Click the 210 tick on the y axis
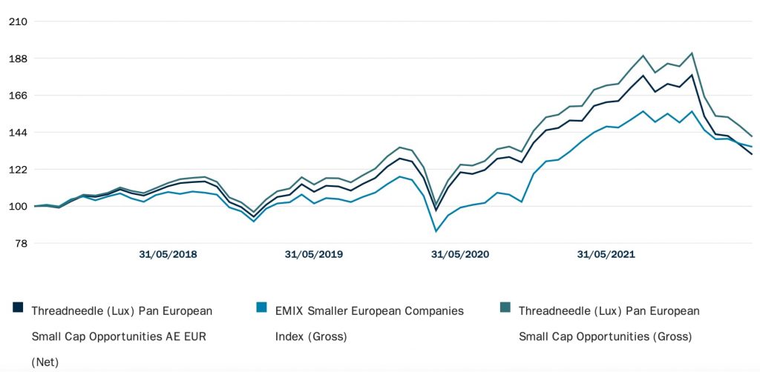(17, 21)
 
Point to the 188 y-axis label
(17, 59)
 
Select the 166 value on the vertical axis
(17, 96)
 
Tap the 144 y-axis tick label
(17, 133)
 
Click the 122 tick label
(17, 170)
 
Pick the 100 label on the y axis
(17, 207)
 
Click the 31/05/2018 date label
(168, 255)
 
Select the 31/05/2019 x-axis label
(314, 255)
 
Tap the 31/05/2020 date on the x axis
(460, 255)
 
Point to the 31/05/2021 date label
(606, 255)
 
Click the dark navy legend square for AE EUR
(18, 308)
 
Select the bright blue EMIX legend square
(261, 308)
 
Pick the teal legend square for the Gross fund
(505, 308)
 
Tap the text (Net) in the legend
(45, 362)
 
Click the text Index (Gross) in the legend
(311, 336)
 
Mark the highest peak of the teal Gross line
(692, 53)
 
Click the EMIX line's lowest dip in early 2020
(436, 231)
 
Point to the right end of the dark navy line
(752, 154)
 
